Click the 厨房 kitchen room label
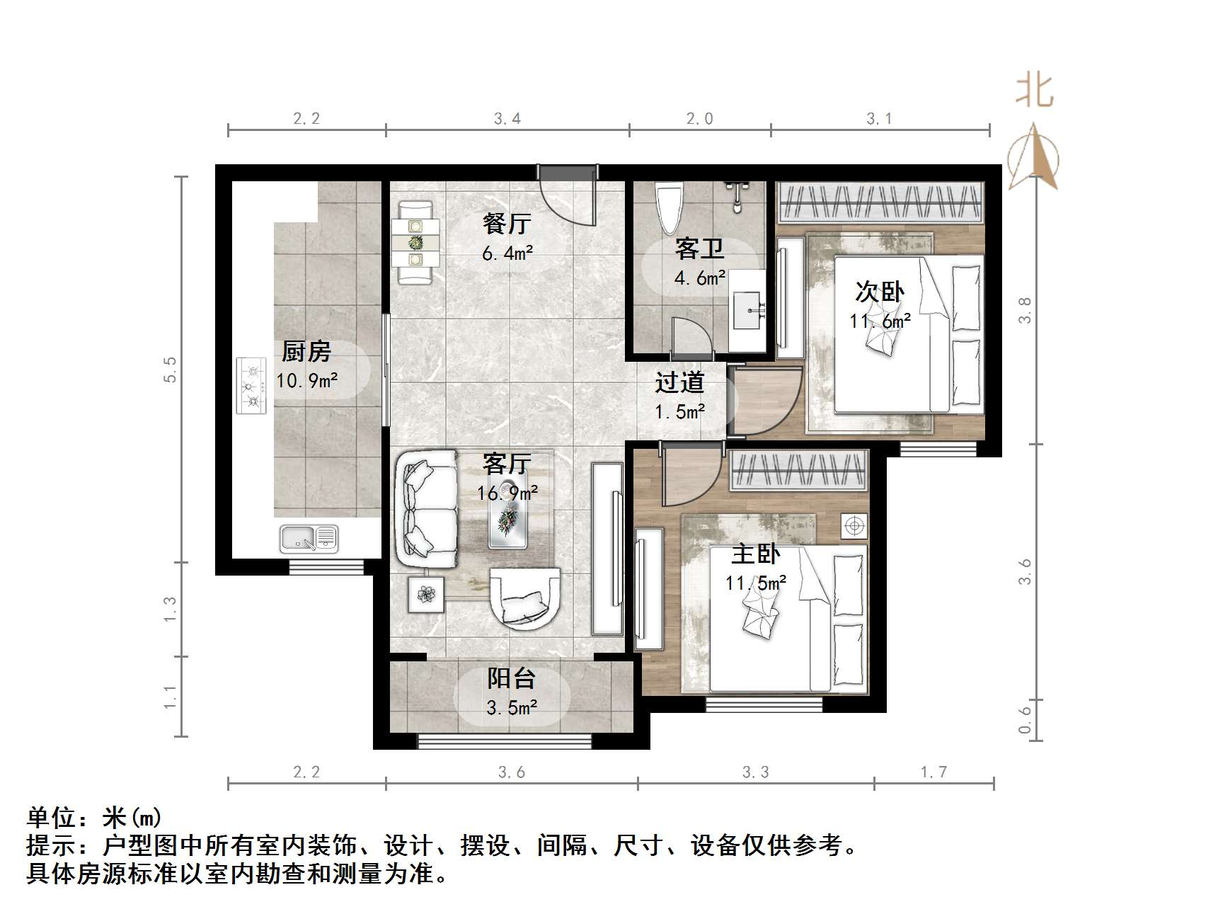click(x=306, y=351)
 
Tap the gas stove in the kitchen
click(x=251, y=386)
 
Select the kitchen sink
click(x=309, y=539)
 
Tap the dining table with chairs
click(x=415, y=242)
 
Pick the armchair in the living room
click(x=524, y=598)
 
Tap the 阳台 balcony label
click(x=511, y=679)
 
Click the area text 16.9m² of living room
click(x=507, y=493)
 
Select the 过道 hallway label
click(x=679, y=383)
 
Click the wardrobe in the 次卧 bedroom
click(x=881, y=202)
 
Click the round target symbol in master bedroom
click(x=854, y=526)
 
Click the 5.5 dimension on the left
click(x=170, y=370)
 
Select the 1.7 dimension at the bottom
click(x=933, y=772)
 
